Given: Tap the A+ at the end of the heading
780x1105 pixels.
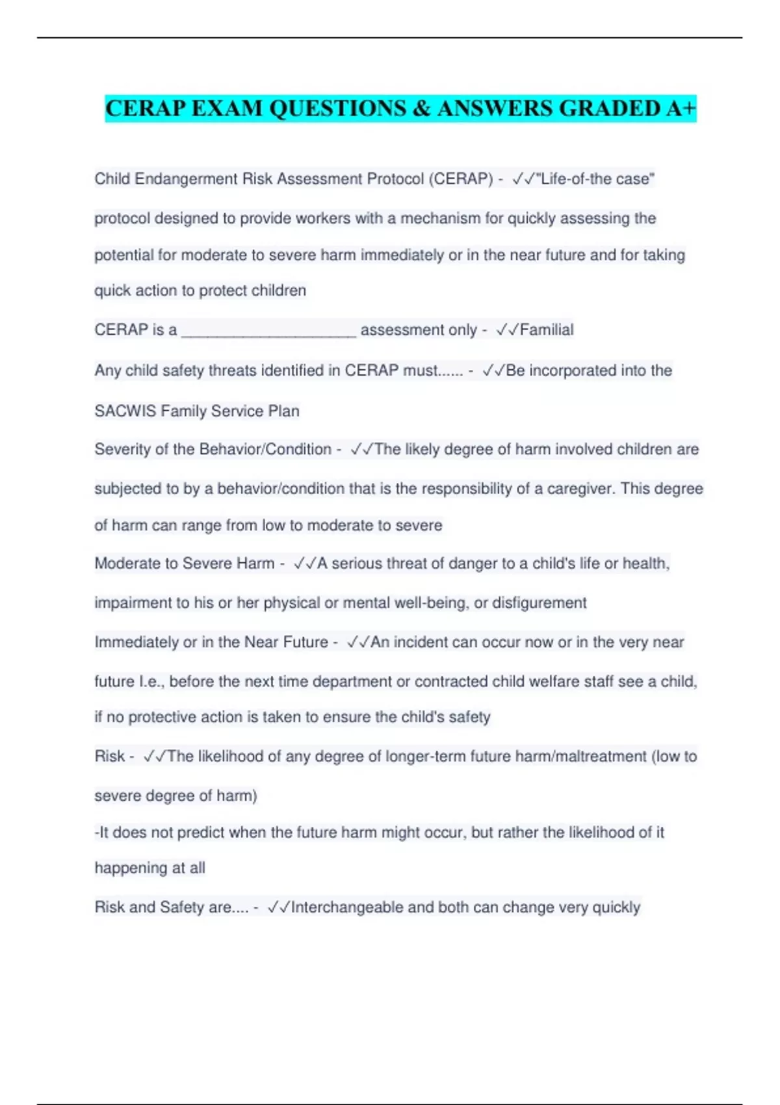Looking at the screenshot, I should coord(681,108).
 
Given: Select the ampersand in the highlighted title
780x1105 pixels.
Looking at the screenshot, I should coord(421,108).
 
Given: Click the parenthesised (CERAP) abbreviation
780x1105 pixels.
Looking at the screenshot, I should coord(461,179).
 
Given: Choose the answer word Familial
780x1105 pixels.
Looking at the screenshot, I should coord(547,330).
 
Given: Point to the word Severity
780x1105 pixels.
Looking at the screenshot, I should coord(122,449).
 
